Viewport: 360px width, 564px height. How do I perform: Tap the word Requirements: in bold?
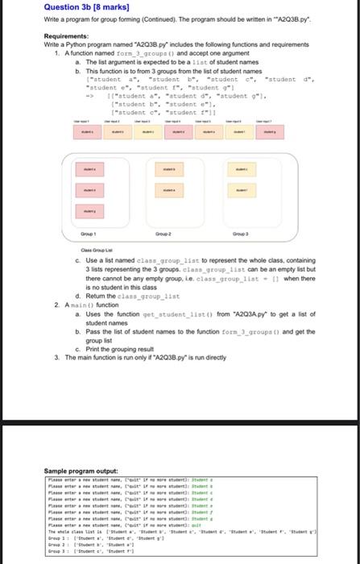[x=66, y=36]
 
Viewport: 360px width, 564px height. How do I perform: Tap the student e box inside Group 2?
[x=167, y=190]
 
